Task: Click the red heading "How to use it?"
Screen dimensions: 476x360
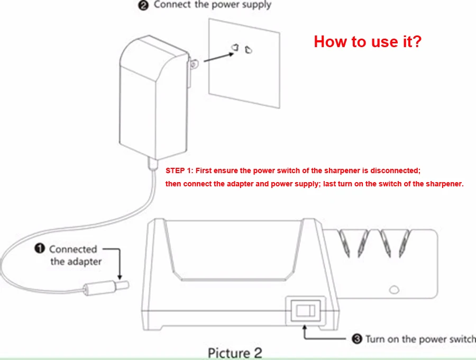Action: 368,41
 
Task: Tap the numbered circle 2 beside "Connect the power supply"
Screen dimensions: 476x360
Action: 144,5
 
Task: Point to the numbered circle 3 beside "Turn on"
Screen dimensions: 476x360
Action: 357,339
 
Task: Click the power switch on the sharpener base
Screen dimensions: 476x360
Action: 305,310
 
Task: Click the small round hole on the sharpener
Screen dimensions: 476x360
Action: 393,290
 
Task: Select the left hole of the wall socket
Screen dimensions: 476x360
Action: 233,48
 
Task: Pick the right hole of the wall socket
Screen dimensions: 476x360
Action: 248,50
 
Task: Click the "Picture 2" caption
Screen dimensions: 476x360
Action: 234,353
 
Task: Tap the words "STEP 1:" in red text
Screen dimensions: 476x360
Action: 180,171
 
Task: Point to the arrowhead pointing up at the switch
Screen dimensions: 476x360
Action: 305,328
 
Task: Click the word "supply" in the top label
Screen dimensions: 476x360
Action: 254,5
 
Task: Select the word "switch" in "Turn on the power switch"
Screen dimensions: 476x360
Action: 460,339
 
